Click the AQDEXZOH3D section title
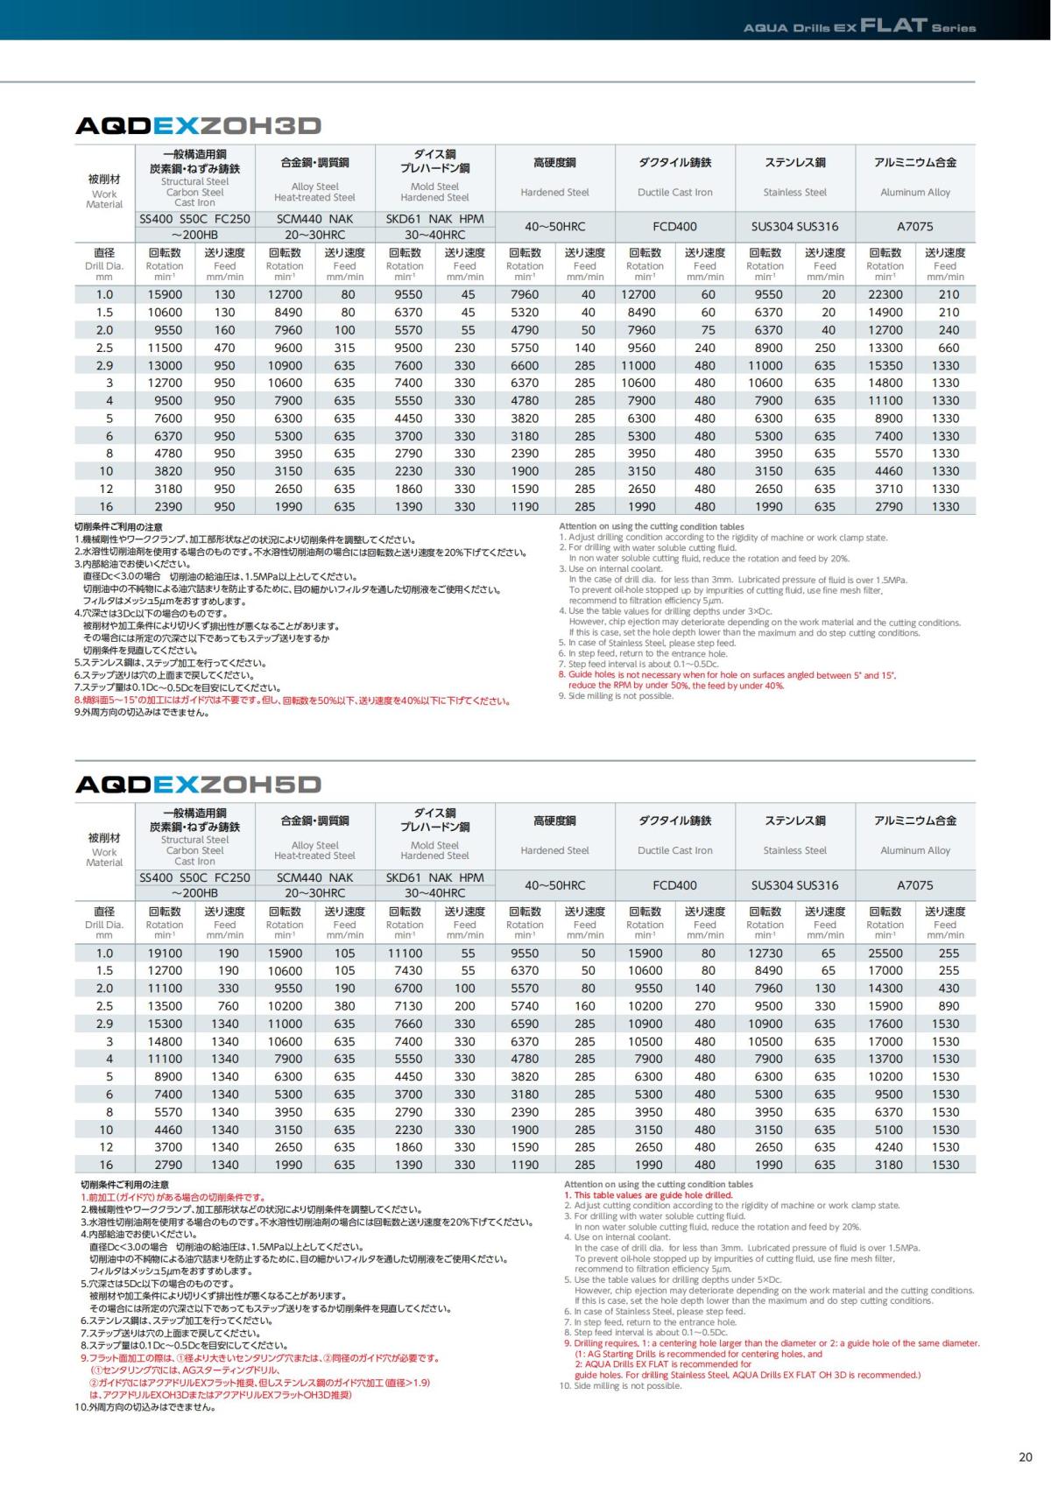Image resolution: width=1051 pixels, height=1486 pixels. tap(199, 126)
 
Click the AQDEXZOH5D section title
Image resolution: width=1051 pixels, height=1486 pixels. tap(199, 784)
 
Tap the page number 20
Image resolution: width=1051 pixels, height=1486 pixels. tap(1026, 1457)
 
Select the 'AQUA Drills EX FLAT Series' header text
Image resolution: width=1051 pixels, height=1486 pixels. tap(859, 27)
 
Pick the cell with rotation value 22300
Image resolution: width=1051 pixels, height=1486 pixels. tap(885, 295)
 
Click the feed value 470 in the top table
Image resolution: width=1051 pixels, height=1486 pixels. tap(225, 348)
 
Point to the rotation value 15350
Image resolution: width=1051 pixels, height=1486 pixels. tap(885, 365)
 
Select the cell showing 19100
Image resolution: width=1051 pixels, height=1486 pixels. tap(165, 954)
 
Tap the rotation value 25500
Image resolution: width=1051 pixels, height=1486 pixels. tap(885, 954)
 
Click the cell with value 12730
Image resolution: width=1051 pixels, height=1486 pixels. tap(765, 954)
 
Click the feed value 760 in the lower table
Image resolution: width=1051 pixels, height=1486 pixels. tap(225, 1006)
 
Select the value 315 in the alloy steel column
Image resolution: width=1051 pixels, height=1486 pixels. tap(345, 348)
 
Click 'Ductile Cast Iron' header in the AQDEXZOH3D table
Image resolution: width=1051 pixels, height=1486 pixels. tap(675, 193)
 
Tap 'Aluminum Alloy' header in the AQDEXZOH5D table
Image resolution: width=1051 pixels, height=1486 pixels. tap(915, 850)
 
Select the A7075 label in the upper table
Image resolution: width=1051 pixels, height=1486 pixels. tap(915, 227)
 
